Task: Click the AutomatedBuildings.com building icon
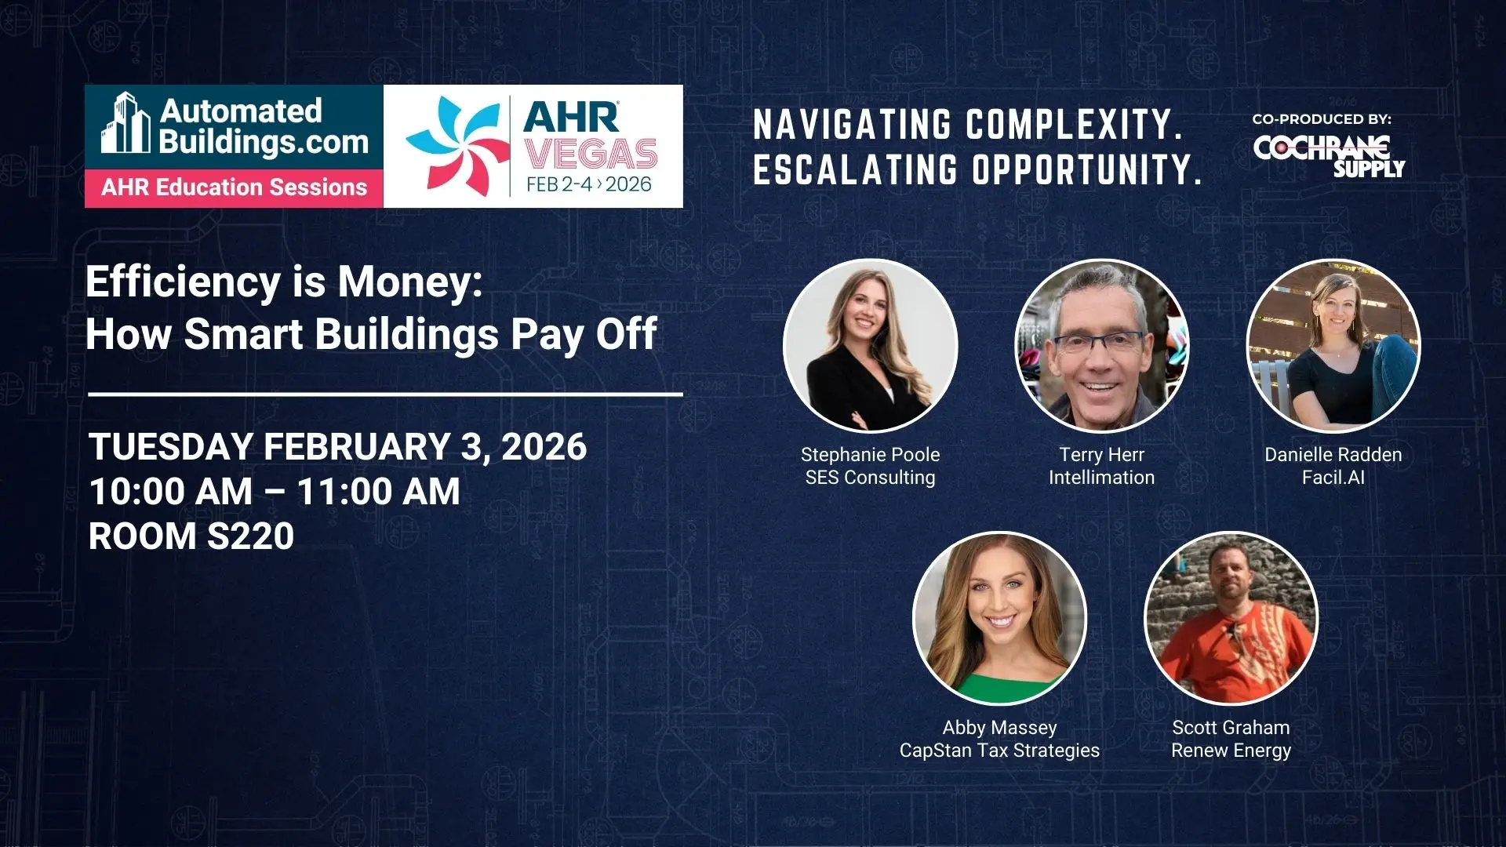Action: pos(125,122)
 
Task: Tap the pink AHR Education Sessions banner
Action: pos(234,188)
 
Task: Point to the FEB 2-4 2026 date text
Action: pos(589,184)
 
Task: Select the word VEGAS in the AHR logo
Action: pos(591,154)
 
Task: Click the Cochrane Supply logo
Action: pos(1329,156)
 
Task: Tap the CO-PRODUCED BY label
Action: pos(1322,119)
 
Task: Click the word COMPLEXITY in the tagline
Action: pos(1074,125)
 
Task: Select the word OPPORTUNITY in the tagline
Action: pos(1087,169)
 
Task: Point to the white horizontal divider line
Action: pos(385,394)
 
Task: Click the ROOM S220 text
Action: pos(191,536)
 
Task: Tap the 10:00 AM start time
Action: pos(171,492)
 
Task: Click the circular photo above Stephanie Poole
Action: pos(870,345)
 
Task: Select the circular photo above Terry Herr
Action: pos(1101,345)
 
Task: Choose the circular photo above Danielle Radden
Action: pos(1333,345)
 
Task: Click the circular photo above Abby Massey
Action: pos(999,618)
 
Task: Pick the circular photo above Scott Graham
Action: pos(1231,618)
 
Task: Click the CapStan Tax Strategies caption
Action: pos(999,751)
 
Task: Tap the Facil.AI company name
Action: pos(1333,478)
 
